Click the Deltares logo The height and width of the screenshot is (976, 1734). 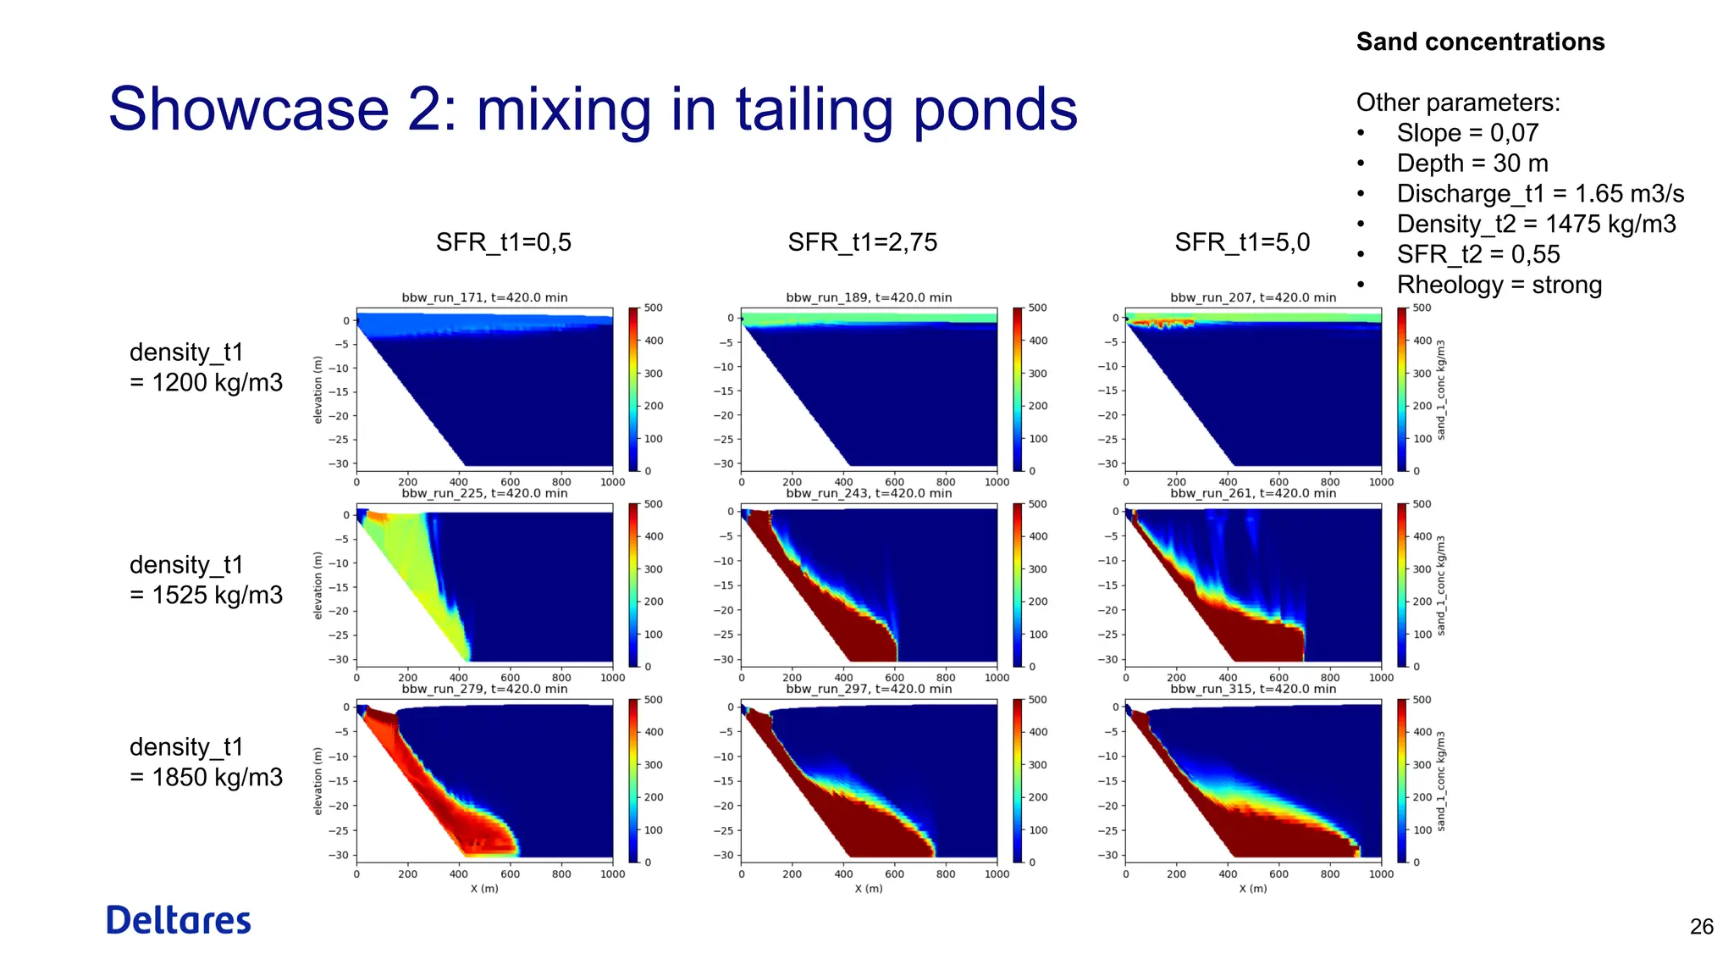pyautogui.click(x=179, y=920)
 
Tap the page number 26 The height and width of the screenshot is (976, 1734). pyautogui.click(x=1701, y=927)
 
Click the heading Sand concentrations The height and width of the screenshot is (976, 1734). pyautogui.click(x=1480, y=42)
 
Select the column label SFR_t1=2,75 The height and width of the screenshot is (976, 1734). pyautogui.click(x=862, y=242)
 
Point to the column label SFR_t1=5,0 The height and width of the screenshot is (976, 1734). pyautogui.click(x=1241, y=242)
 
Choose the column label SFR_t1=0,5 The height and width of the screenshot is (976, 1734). pyautogui.click(x=503, y=242)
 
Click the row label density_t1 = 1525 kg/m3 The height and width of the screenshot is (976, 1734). pyautogui.click(x=206, y=579)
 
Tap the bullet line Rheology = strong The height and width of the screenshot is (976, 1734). pyautogui.click(x=1499, y=285)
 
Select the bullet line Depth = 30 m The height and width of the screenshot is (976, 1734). pyautogui.click(x=1472, y=163)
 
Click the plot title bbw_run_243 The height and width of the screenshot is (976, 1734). pyautogui.click(x=869, y=493)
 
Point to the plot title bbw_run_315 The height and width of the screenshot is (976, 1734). pyautogui.click(x=1253, y=689)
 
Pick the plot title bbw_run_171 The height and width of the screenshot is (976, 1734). pyautogui.click(x=484, y=297)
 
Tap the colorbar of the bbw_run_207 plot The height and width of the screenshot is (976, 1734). pyautogui.click(x=1402, y=389)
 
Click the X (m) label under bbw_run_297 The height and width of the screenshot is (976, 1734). pyautogui.click(x=869, y=889)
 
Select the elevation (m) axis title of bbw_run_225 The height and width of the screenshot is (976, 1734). pyautogui.click(x=318, y=585)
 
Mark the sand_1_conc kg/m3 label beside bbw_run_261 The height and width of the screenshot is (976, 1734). pyautogui.click(x=1441, y=585)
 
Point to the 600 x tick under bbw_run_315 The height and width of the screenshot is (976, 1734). pyautogui.click(x=1278, y=874)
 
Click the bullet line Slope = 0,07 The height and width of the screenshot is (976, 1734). pyautogui.click(x=1466, y=133)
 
